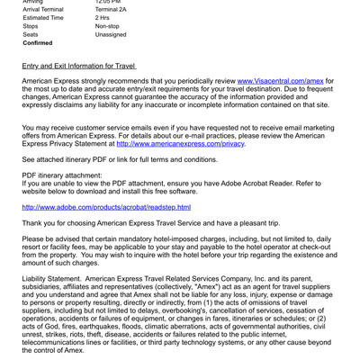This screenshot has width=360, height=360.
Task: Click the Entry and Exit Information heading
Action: pos(78,67)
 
